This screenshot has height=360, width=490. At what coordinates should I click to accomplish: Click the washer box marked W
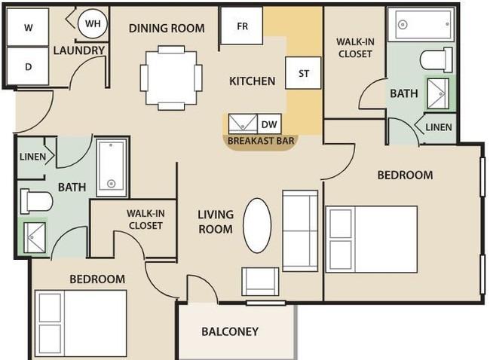pos(28,27)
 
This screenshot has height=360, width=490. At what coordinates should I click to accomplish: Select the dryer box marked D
pos(28,66)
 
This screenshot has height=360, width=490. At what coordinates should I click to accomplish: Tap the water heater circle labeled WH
pos(93,23)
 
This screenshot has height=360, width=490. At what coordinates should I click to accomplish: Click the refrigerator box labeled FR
pos(241,26)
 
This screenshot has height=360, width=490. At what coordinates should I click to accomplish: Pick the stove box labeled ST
pos(303,73)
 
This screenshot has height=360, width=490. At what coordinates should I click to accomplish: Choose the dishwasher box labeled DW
pos(269,124)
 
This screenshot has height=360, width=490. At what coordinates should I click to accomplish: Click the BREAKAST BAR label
pos(261,141)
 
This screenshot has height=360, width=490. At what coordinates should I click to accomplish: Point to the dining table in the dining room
pos(171,78)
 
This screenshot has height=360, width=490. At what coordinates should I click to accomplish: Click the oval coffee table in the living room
pos(257,225)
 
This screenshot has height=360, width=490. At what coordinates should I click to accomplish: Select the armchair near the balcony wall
pos(260,282)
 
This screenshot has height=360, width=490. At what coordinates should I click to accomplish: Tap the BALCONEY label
pos(230,331)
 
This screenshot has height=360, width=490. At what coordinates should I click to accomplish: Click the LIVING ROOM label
pos(216,221)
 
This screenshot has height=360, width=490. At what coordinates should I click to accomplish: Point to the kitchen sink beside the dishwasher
pos(243,124)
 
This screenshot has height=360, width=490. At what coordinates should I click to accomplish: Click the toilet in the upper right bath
pos(436,60)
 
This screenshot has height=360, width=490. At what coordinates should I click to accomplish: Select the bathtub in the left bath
pos(112,168)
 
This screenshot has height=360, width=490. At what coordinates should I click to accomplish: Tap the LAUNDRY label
pos(78,50)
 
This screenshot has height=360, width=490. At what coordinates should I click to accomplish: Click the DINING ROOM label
pos(167,28)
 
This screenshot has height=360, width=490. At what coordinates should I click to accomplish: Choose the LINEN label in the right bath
pos(439,127)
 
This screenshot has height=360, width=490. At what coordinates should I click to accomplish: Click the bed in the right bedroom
pos(372,239)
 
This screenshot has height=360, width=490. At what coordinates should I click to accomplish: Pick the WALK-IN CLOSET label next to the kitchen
pos(355,47)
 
